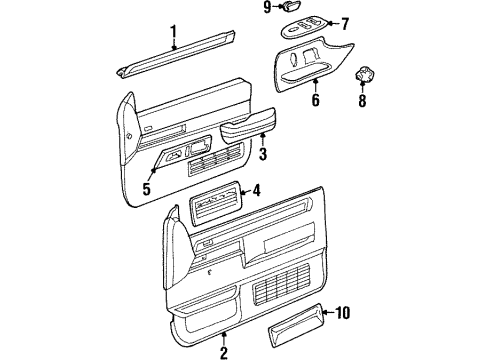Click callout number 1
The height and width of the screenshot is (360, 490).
point(173,32)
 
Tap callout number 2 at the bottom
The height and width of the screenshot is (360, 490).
point(224,353)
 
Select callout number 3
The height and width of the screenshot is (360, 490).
point(263,154)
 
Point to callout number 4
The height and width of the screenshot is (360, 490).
point(256,191)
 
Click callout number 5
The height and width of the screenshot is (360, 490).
point(147,189)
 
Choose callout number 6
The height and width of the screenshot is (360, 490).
point(315,100)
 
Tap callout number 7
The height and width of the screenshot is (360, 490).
point(345,24)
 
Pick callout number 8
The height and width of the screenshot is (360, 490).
point(362,100)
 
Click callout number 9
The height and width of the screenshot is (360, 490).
point(267,7)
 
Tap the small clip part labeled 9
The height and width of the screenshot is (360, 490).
point(293,6)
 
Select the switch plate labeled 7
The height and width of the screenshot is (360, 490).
point(304,27)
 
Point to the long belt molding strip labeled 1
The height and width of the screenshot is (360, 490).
point(176,55)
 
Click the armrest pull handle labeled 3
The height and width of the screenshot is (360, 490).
point(247,126)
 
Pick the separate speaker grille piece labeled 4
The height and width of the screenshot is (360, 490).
point(215,204)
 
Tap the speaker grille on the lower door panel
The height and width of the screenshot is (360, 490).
point(281,280)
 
